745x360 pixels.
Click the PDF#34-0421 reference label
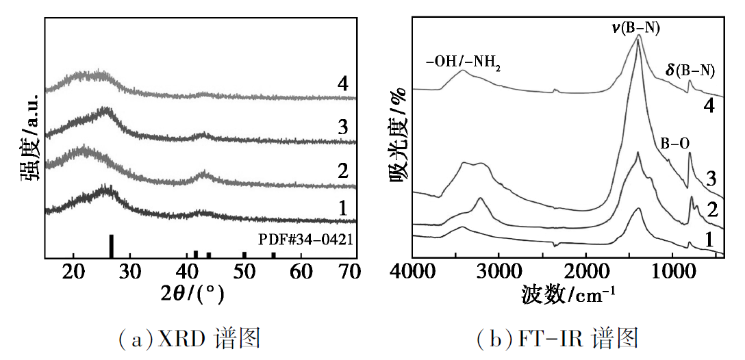(305, 240)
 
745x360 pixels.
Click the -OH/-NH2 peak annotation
(463, 66)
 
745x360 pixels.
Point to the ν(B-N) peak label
(637, 27)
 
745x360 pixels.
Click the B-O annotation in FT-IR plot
(674, 144)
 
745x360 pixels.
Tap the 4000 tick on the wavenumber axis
(414, 273)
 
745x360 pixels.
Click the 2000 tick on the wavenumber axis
(587, 273)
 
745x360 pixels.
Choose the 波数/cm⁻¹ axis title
(568, 295)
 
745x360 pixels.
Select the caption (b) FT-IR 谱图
(557, 337)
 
